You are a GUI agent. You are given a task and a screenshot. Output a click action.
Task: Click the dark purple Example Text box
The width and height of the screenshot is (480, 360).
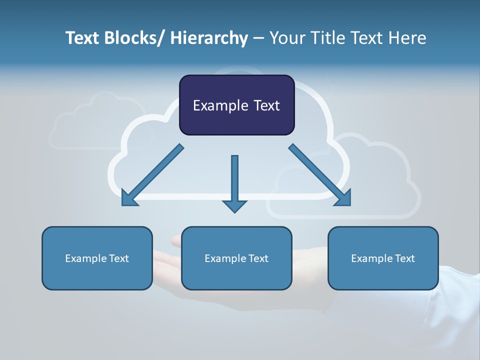[x=236, y=105]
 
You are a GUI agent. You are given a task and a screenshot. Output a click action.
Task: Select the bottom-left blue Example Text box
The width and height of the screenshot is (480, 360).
[x=97, y=258]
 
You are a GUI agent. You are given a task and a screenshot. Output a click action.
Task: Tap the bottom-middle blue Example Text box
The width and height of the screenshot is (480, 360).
[x=236, y=258]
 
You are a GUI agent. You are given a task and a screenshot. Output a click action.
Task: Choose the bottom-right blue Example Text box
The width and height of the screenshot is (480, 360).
[x=383, y=258]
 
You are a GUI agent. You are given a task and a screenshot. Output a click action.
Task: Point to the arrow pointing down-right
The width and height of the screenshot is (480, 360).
[x=320, y=175]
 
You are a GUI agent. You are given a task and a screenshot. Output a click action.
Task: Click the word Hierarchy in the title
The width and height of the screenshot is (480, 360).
[x=209, y=38]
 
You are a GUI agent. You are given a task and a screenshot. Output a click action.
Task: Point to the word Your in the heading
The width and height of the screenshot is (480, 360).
[x=286, y=38]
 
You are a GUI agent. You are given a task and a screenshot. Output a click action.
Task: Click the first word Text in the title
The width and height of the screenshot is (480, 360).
[x=83, y=38]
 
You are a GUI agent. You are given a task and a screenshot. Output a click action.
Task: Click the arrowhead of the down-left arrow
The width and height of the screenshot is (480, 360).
[x=128, y=198]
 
